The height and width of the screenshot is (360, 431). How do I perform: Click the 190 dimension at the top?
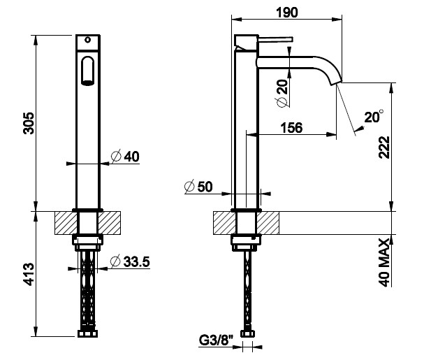(286, 13)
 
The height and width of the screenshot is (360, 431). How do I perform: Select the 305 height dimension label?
(29, 123)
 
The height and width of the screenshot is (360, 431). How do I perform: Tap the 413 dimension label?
(29, 274)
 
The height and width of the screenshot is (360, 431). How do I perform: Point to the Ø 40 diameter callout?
(125, 157)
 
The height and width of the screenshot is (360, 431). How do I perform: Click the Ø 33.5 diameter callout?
(130, 261)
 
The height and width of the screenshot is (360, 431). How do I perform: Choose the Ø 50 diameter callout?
(198, 187)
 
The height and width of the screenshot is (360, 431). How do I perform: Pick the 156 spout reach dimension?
(291, 128)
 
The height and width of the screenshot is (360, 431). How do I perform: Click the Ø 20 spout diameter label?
(283, 93)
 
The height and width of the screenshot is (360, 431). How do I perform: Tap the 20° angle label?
(374, 117)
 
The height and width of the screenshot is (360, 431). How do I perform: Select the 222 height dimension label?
(384, 147)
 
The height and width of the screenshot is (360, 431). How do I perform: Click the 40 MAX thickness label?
(384, 262)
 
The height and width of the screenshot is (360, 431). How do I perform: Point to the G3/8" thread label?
(216, 340)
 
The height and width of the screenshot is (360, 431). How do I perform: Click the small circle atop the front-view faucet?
(88, 40)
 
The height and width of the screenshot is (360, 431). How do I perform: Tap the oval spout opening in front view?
(88, 71)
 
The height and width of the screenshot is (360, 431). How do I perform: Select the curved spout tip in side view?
(335, 80)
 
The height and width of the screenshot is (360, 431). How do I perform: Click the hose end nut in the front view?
(88, 334)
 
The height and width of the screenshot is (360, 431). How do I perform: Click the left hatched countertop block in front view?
(66, 223)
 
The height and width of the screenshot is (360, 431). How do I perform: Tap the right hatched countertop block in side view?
(268, 223)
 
